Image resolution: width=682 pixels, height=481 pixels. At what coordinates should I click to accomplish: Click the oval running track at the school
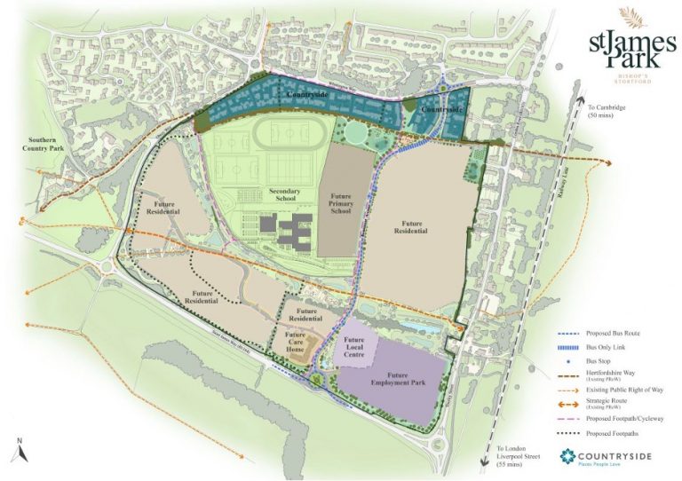click(x=282, y=135)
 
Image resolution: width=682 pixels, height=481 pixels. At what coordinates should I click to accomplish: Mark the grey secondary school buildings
click(x=292, y=233)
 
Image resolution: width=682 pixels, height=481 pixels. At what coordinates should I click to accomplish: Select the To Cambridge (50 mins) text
click(x=607, y=113)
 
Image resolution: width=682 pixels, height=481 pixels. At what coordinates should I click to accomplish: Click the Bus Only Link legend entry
click(x=591, y=348)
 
